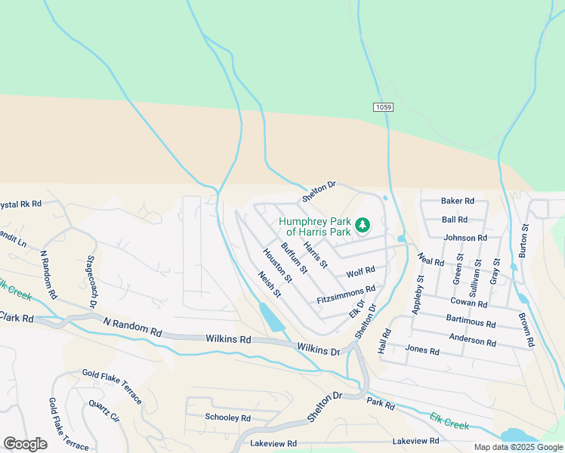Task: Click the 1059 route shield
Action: pos(383,108)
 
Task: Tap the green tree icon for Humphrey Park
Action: pos(363,225)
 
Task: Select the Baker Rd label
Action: pos(458,201)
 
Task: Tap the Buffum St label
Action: pos(294,258)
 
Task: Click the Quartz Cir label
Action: pos(104,414)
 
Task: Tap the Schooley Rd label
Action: pos(227,418)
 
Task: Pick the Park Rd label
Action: pos(381,405)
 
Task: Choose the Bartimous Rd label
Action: pos(471,323)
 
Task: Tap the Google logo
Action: pos(25,443)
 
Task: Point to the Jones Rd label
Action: pos(422,350)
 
